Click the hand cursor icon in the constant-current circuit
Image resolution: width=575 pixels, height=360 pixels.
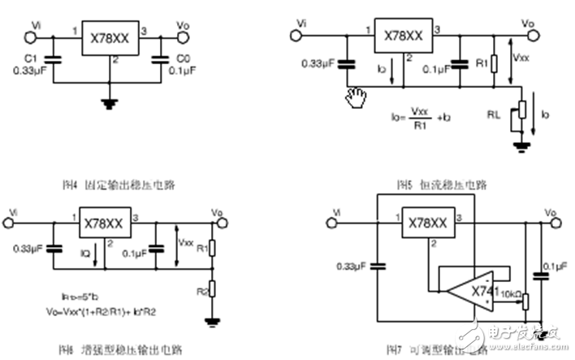tap(356, 98)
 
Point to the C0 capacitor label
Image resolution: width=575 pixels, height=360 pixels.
tap(184, 60)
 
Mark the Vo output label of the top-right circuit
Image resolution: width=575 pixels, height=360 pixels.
tap(528, 24)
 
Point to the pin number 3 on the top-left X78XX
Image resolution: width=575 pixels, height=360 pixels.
tap(145, 31)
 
